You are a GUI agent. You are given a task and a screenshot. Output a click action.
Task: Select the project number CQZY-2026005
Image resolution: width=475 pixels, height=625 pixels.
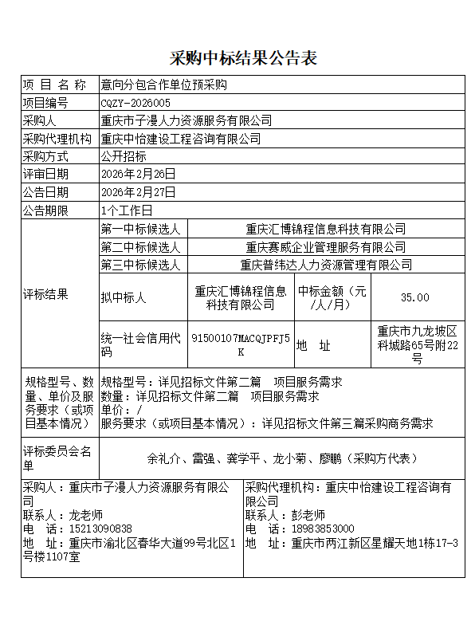point(135,103)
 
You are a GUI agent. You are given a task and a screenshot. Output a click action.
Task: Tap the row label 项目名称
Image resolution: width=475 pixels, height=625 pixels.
point(54,85)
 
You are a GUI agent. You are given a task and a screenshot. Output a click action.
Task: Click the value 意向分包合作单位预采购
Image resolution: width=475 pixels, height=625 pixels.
point(163,85)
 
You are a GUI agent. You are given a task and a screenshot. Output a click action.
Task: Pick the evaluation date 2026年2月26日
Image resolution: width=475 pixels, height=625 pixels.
point(138,174)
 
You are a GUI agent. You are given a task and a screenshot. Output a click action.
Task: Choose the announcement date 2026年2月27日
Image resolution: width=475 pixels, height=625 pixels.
point(138,192)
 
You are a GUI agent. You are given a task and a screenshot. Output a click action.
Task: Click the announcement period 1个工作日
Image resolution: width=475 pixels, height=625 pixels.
point(127,210)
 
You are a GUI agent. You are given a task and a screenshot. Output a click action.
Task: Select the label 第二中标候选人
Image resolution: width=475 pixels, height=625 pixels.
point(140,247)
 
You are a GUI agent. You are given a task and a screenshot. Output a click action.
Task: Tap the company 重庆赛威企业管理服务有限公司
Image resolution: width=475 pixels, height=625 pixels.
point(325,247)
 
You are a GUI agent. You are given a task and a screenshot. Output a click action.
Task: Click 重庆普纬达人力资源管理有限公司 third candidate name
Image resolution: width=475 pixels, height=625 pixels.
point(326,265)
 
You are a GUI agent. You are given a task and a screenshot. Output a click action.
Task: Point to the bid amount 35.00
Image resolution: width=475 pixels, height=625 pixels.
point(414,297)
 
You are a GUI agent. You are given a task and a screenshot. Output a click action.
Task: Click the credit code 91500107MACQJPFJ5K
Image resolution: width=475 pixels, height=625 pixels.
point(240,344)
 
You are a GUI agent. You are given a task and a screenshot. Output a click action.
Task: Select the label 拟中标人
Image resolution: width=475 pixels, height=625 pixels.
point(124,297)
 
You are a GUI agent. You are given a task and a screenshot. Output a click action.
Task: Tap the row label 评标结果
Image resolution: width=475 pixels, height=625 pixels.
point(45,294)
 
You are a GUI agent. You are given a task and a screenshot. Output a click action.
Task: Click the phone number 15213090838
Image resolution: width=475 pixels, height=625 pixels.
point(100,529)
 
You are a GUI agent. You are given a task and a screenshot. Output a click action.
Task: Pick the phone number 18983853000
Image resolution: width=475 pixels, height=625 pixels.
point(322,529)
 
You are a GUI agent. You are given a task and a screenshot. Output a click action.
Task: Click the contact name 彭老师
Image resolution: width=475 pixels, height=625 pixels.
point(308,515)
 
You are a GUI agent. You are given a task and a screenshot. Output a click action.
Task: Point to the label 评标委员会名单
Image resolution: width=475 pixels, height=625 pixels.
point(57,458)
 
